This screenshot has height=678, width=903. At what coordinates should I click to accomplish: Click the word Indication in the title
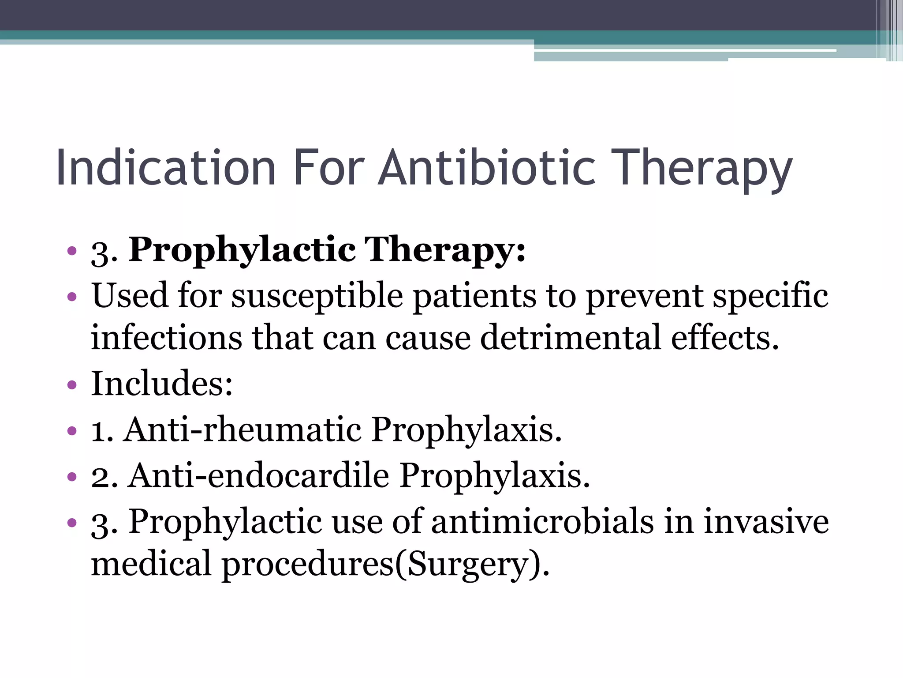(x=166, y=168)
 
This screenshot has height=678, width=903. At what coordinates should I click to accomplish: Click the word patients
(x=474, y=296)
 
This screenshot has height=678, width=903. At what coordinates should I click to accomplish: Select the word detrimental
(x=571, y=338)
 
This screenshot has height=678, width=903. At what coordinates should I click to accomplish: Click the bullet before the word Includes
(x=72, y=385)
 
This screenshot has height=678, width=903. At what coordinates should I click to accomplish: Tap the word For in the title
(x=328, y=168)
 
